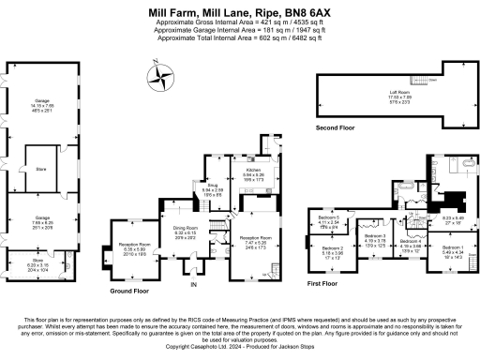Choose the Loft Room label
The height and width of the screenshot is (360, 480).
[x=400, y=91]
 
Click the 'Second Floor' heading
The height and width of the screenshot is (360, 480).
[x=338, y=127]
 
